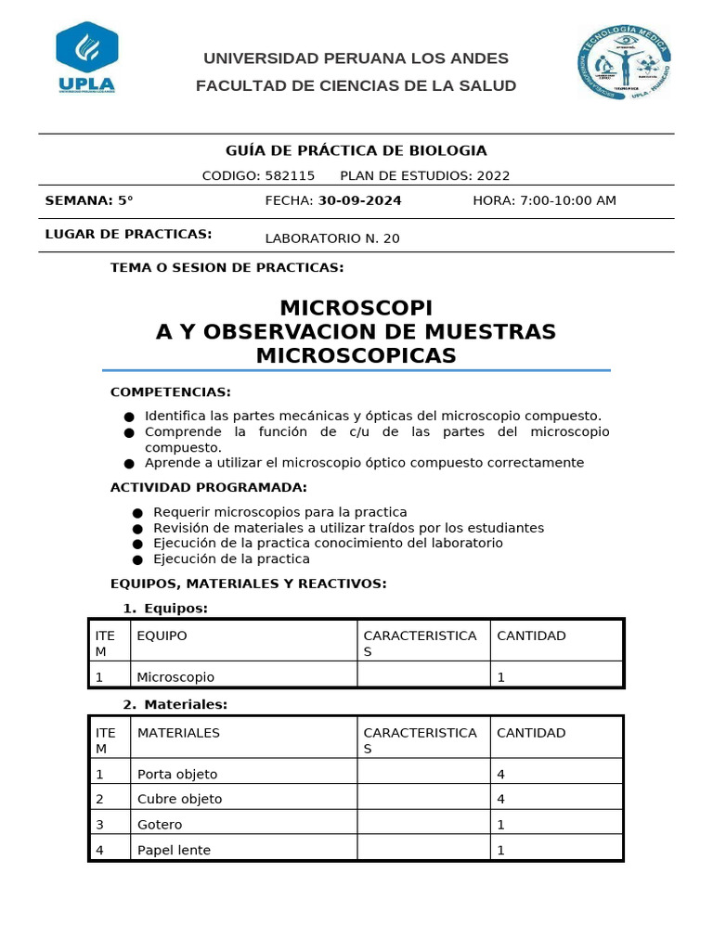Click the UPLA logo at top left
coord(86,58)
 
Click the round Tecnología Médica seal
coord(623,63)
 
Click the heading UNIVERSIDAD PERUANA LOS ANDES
coord(356,58)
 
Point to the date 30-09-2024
coord(360,200)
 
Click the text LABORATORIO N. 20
coord(332,238)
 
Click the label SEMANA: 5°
coord(89,200)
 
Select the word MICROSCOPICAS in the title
coord(356,355)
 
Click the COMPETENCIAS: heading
coord(171,392)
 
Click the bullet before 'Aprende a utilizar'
coord(128,463)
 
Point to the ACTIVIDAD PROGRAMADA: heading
coord(208,488)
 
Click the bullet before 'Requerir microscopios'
coord(137,513)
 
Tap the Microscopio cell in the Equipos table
coord(175,677)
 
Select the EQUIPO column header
coord(162,635)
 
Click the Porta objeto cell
coord(177,774)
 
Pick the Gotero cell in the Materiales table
coord(160,824)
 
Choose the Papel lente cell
coord(174,850)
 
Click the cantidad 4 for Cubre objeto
coord(501,799)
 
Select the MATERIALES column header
coord(178,733)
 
